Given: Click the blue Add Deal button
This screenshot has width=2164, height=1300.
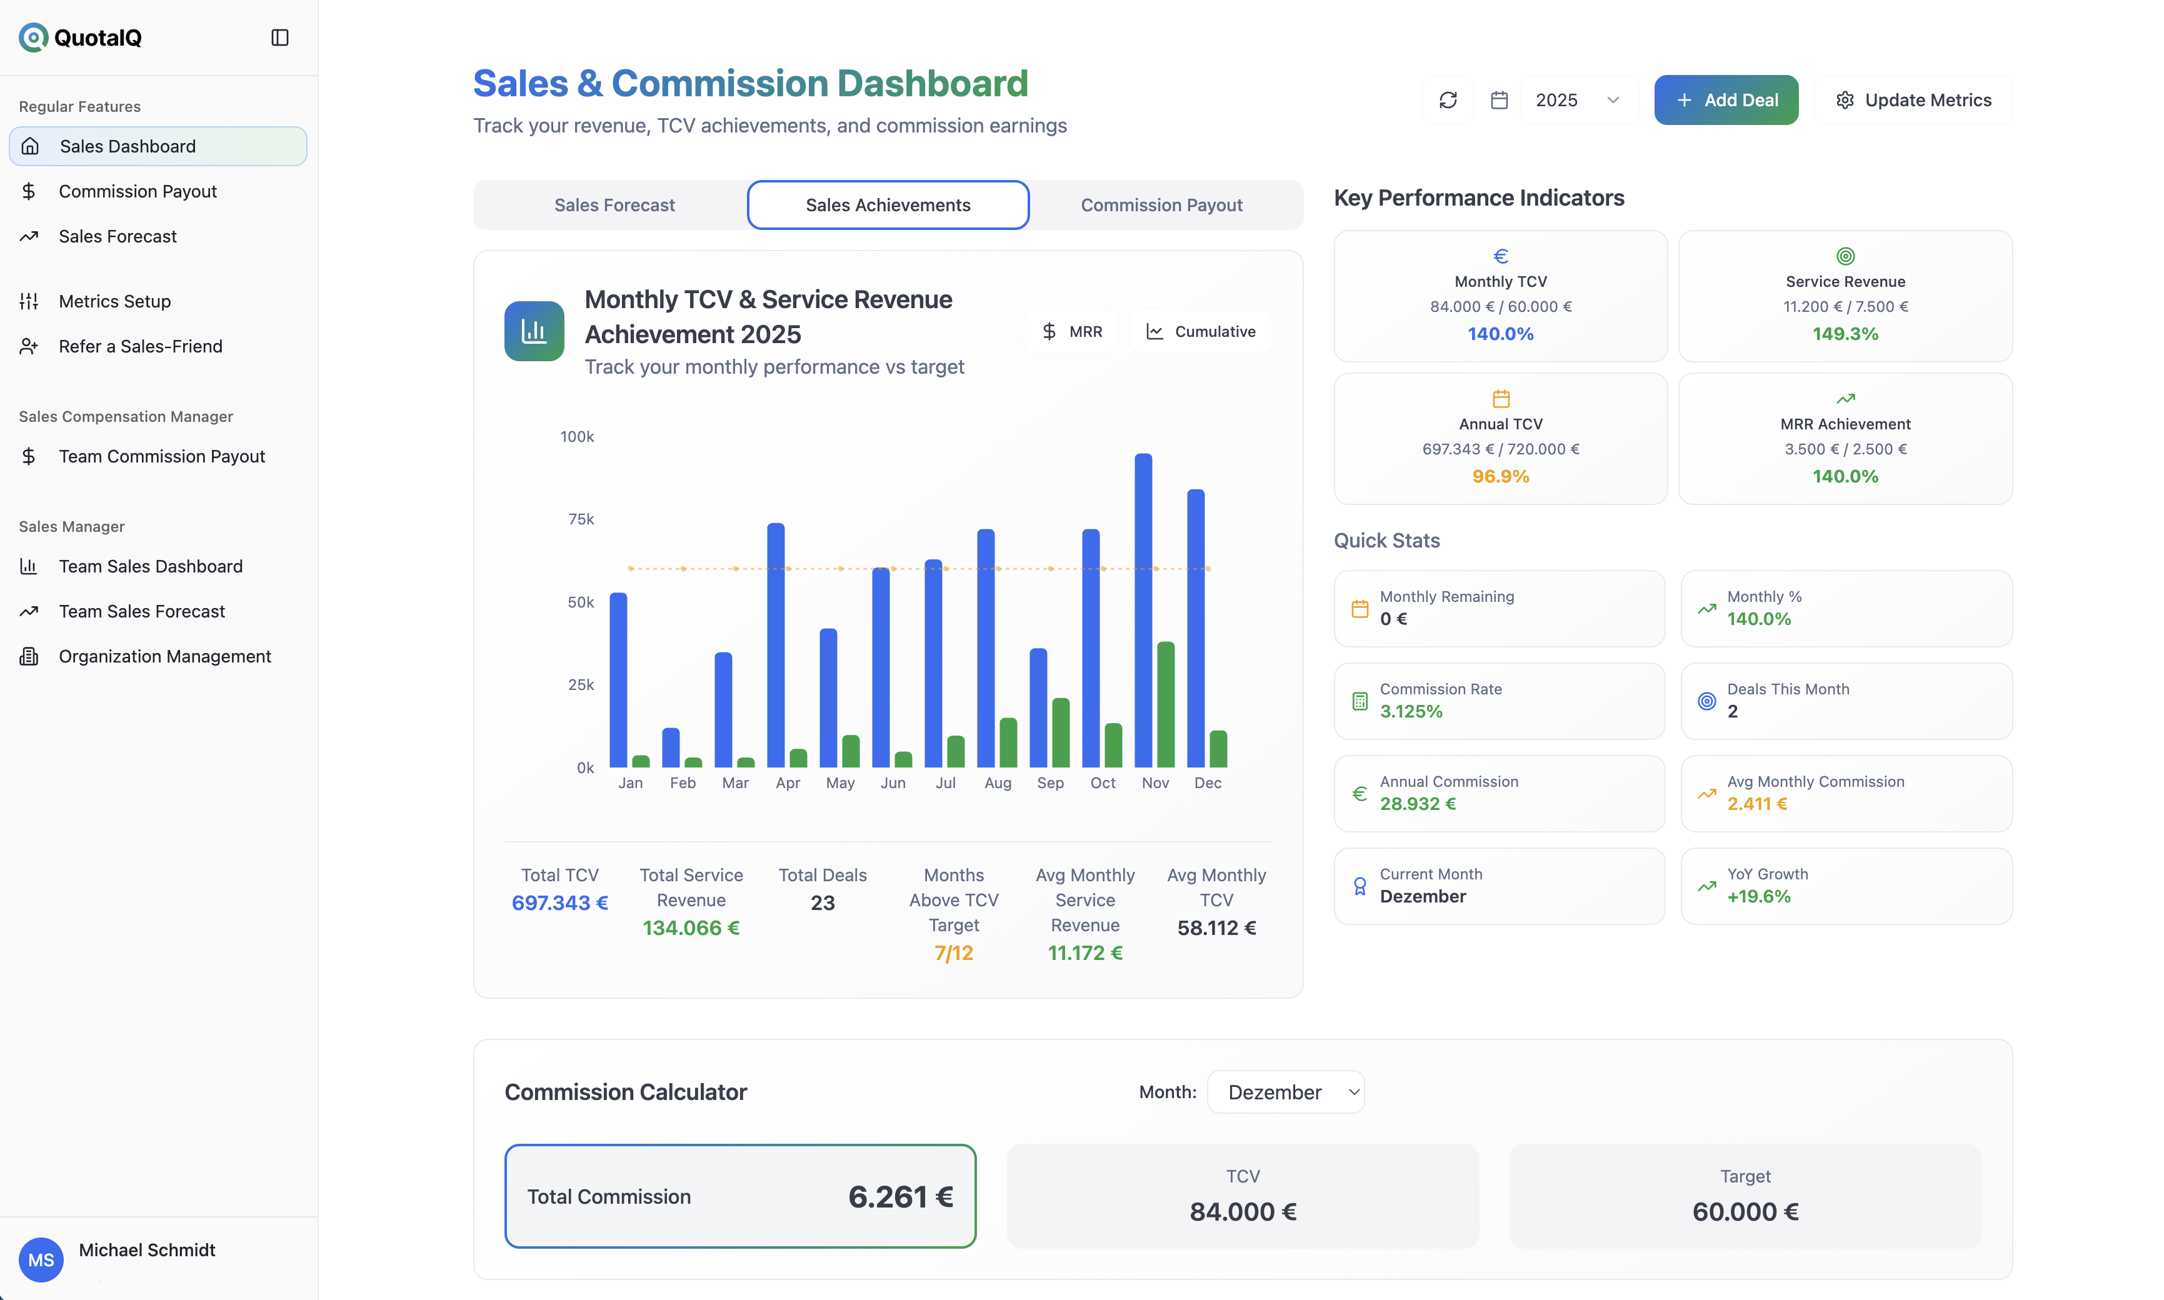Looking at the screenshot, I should [1725, 100].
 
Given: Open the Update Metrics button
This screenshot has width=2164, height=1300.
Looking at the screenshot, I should [1913, 100].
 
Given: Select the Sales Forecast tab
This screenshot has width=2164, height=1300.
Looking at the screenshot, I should [614, 205].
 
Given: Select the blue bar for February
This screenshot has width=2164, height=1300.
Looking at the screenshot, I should [670, 747].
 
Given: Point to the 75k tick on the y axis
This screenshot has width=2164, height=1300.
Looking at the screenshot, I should [580, 519].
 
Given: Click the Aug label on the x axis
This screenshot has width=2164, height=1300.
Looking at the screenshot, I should [997, 783].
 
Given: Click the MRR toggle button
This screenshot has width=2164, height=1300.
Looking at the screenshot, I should [1071, 332].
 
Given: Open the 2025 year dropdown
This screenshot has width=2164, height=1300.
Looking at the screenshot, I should [1577, 100].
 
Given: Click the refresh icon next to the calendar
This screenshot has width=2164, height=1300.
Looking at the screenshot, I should [1447, 100].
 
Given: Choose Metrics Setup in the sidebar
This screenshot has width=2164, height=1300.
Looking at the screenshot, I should [115, 301].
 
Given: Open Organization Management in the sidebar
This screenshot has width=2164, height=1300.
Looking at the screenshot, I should [165, 656].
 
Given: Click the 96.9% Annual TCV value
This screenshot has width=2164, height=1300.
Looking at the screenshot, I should [1500, 476].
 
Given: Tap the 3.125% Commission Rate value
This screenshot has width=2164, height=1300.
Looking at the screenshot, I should [1411, 711].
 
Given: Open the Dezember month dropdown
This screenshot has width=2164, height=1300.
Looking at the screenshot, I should [1285, 1092].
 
